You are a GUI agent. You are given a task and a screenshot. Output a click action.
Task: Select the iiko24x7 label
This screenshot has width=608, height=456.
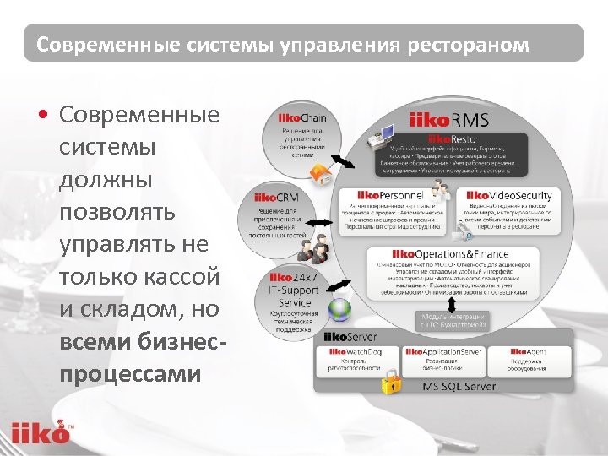[294, 277]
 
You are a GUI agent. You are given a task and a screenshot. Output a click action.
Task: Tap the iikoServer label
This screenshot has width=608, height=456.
[345, 337]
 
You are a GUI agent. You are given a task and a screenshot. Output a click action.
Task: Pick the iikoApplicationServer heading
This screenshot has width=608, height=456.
[443, 350]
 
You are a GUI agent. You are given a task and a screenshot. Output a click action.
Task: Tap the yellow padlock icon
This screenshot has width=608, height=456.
[390, 384]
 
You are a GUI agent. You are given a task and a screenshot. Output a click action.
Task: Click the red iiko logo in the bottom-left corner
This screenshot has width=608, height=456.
[40, 432]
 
